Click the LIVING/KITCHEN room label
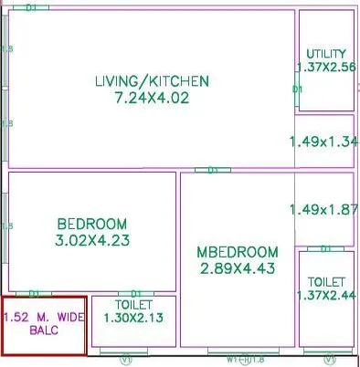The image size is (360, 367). [x=152, y=81]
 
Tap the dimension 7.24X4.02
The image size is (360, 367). [x=152, y=98]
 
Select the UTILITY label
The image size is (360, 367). [x=326, y=52]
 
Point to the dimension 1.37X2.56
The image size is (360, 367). [x=326, y=66]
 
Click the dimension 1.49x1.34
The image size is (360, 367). [x=323, y=142]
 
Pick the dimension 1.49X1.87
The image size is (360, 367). [x=323, y=209]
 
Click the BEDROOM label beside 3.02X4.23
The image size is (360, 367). [x=91, y=224]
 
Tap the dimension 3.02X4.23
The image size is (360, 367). [x=91, y=240]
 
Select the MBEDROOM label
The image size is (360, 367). [x=237, y=251]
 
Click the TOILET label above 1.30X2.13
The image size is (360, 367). [x=133, y=303]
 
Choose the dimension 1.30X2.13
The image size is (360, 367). [x=133, y=317]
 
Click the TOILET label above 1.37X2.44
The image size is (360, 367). [x=326, y=282]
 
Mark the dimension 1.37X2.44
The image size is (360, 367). [x=326, y=296]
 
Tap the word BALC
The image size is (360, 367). [x=43, y=330]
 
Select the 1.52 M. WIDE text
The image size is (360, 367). [x=43, y=317]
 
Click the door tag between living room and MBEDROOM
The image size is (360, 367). [x=213, y=170]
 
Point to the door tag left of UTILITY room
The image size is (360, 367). [x=297, y=89]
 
